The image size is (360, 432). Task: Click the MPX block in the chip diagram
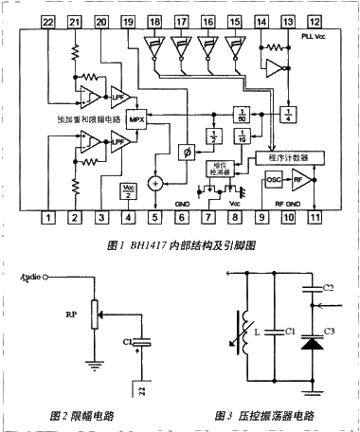[x=136, y=121]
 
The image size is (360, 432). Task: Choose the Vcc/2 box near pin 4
[x=129, y=190]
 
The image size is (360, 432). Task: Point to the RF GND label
[x=287, y=202]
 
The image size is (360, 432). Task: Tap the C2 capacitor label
[x=329, y=286]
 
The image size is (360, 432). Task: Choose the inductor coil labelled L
[x=247, y=332]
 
